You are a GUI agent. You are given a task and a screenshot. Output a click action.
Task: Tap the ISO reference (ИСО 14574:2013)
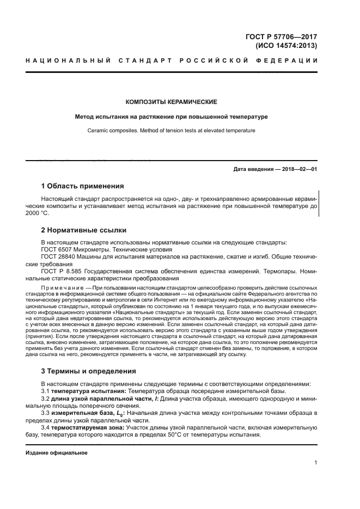286,46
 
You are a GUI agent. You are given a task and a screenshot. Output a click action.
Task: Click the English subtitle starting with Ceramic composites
172,131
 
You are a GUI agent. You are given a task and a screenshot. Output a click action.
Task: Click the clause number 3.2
46,399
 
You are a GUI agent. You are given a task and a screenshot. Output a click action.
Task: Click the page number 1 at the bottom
316,463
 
